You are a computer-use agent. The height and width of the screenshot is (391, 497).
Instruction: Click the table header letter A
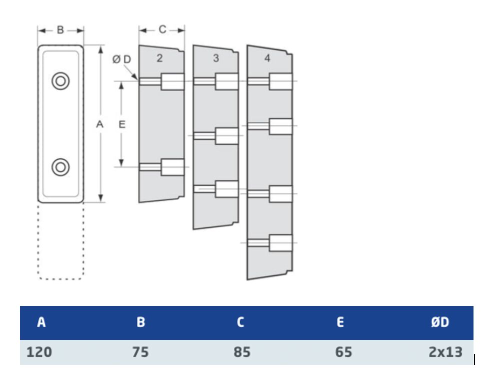pos(41,322)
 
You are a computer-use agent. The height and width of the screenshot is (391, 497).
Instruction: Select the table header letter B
pos(140,322)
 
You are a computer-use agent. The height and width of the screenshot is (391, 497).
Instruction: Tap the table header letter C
pos(240,322)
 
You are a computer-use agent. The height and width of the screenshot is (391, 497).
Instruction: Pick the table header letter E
pos(340,322)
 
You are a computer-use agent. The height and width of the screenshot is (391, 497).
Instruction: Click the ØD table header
pos(440,322)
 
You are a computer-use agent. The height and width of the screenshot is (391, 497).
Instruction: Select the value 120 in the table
pos(39,352)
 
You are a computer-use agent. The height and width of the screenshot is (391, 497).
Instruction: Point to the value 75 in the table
pos(140,352)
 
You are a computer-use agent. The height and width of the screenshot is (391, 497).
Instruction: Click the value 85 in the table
pos(242,352)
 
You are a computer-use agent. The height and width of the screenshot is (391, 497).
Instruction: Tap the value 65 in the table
pos(343,352)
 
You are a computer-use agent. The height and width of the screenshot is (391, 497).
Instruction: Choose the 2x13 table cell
pos(445,352)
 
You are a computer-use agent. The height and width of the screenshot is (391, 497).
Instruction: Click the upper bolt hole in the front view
pos(60,81)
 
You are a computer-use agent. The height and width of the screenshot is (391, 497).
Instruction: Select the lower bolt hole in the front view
pos(60,167)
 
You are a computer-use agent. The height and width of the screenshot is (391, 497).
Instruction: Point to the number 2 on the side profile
pos(159,58)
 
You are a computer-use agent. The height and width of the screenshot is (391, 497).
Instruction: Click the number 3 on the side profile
pos(216,58)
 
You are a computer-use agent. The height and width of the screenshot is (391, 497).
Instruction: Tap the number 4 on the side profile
pos(267,58)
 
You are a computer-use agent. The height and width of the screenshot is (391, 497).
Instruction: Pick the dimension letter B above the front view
pos(60,30)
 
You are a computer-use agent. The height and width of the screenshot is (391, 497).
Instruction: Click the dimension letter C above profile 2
pos(162,29)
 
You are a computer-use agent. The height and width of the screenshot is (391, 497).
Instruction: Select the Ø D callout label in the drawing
pos(121,59)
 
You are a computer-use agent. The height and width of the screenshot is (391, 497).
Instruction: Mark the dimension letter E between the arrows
pos(121,124)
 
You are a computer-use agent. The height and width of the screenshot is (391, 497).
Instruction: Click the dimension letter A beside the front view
pos(99,124)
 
